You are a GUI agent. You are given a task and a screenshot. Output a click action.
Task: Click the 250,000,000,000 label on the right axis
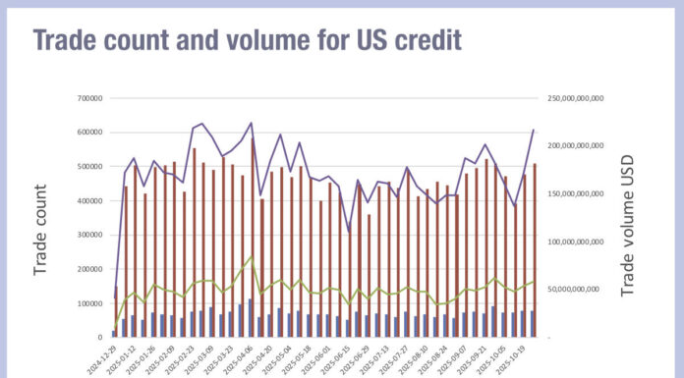[x=578, y=98]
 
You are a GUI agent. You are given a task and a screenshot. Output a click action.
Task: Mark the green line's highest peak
[x=253, y=257]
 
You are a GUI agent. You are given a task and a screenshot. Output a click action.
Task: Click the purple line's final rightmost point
[x=534, y=130]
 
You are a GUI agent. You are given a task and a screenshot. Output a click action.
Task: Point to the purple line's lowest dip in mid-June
[x=349, y=233]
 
